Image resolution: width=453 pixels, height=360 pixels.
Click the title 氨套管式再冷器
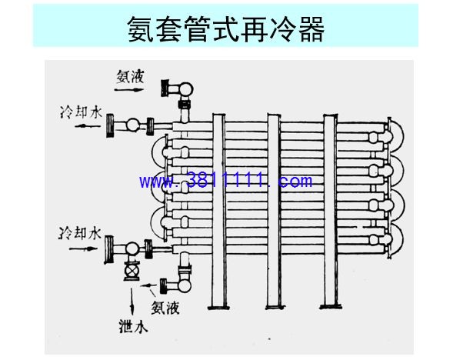pos(226,28)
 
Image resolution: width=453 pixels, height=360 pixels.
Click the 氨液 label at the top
pos(130,77)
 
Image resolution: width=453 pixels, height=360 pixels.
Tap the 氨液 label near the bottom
pos(165,308)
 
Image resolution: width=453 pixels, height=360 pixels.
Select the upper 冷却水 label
pos(82,112)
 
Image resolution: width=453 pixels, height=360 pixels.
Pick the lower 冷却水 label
pos(80,234)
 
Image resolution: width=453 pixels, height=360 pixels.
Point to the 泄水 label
pos(133,326)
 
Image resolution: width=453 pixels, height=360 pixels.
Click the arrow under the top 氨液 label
pos(129,90)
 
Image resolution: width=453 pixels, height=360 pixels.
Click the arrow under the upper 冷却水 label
pos(88,126)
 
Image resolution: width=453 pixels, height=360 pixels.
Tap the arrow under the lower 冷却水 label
pos(83,248)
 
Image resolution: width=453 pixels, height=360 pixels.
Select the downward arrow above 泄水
pos(132,302)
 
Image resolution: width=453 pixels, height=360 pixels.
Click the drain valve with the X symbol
pos(132,271)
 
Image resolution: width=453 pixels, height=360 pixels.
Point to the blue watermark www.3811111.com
pos(225,181)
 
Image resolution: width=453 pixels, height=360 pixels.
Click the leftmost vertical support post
pos(218,211)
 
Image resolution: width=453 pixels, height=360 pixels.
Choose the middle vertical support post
pos(273,211)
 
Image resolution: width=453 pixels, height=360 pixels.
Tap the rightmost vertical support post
pos(330,211)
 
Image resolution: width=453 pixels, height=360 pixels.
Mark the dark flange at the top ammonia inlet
pos(165,88)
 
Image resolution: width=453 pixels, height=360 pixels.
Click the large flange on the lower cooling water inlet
pos(109,250)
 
